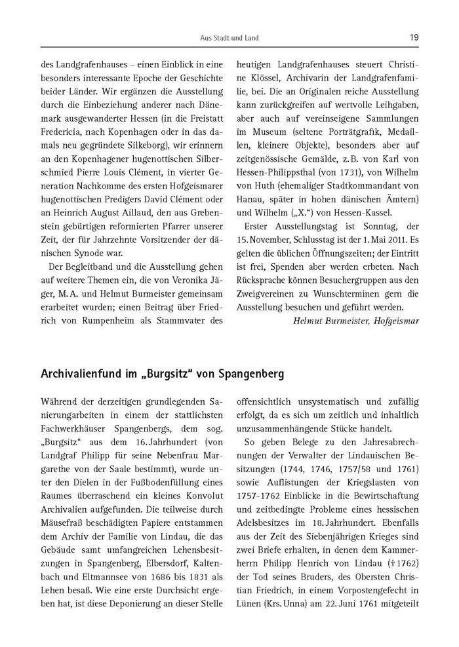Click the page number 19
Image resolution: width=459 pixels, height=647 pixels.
coord(414,38)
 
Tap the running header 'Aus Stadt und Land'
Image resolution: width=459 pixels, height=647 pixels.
coord(229,39)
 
